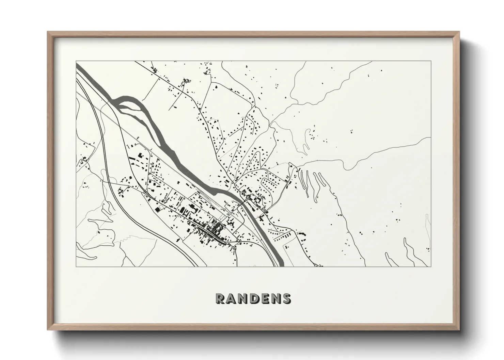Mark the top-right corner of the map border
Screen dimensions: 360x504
click(x=431, y=61)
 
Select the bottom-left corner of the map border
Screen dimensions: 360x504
click(x=76, y=266)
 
